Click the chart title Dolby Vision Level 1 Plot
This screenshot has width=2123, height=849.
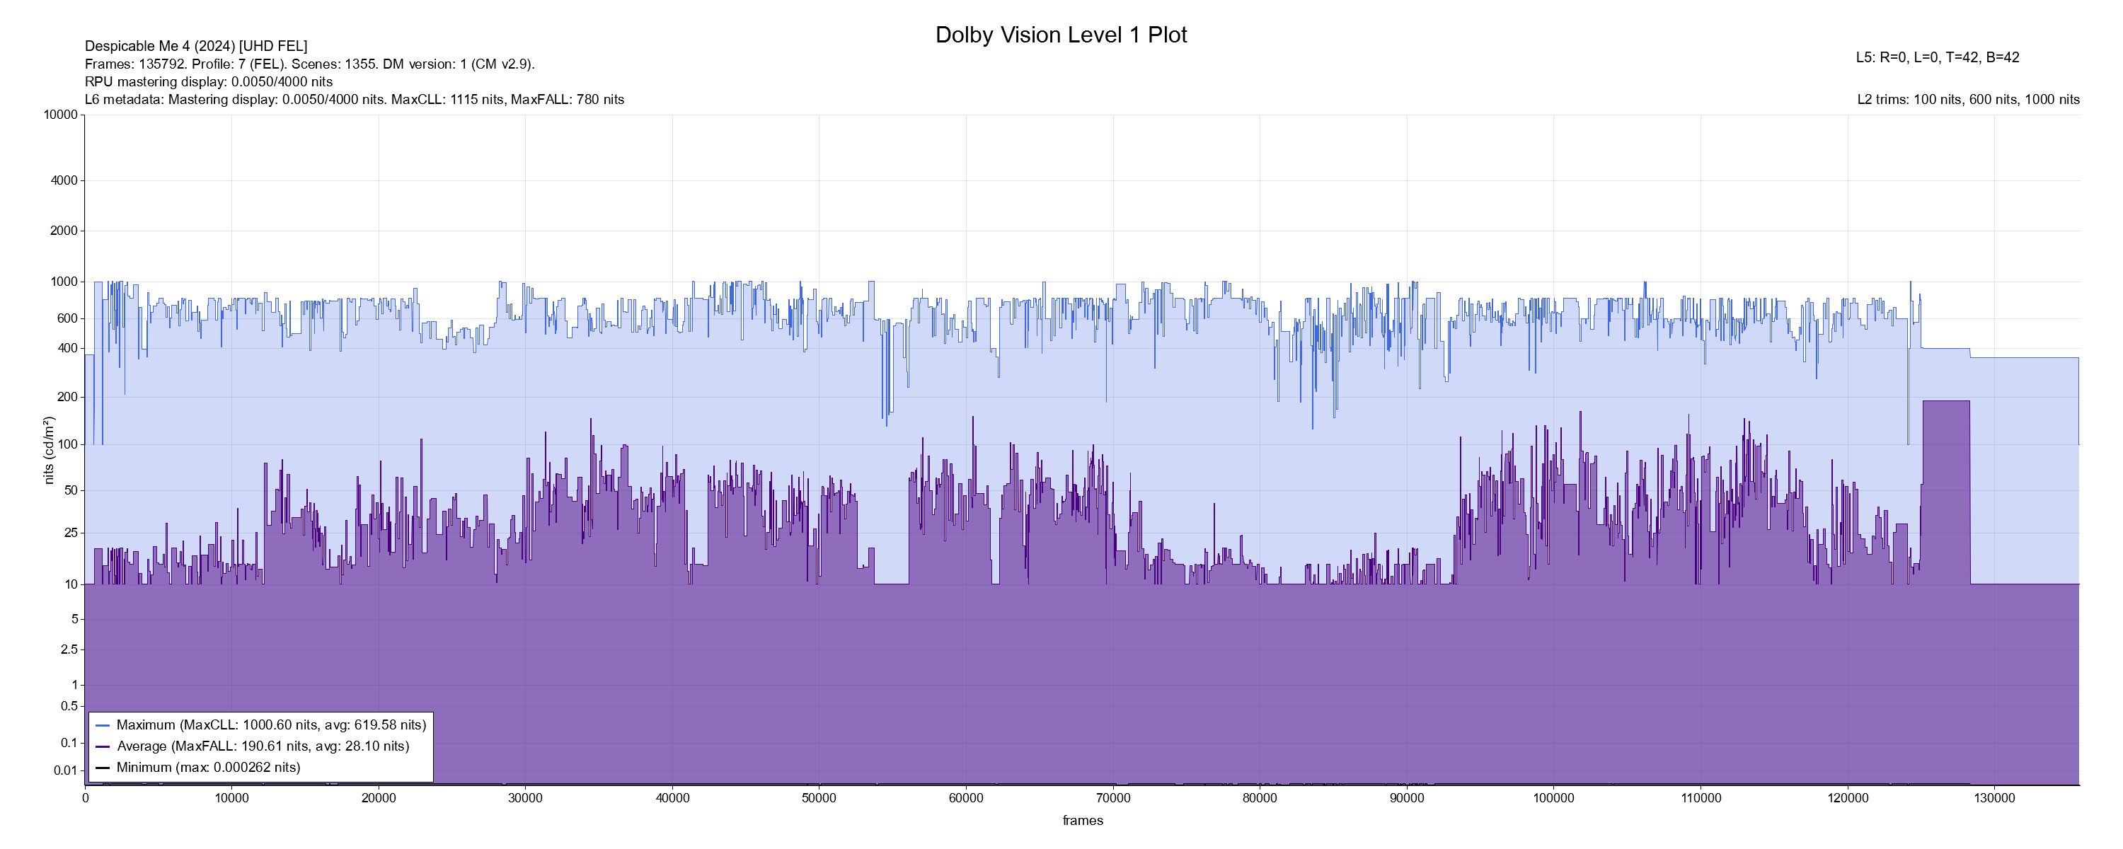[1061, 35]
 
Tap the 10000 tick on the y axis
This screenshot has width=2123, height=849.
[60, 115]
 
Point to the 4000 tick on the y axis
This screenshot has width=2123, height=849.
[64, 180]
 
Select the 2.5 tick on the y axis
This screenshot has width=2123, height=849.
[69, 649]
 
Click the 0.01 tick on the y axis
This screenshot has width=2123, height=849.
[65, 770]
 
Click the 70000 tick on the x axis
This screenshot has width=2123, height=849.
[1112, 798]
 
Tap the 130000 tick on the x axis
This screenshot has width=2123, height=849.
[1993, 798]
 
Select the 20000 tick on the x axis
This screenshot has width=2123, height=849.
[379, 798]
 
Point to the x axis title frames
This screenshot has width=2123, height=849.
[1082, 821]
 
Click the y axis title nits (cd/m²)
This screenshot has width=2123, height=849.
[49, 450]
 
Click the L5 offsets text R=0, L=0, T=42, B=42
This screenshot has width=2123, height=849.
[1937, 58]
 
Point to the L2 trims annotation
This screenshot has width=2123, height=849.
[1968, 100]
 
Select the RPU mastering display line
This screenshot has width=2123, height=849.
[209, 81]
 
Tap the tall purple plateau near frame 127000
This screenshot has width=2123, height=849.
[1946, 495]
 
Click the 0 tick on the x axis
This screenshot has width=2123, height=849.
[85, 798]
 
